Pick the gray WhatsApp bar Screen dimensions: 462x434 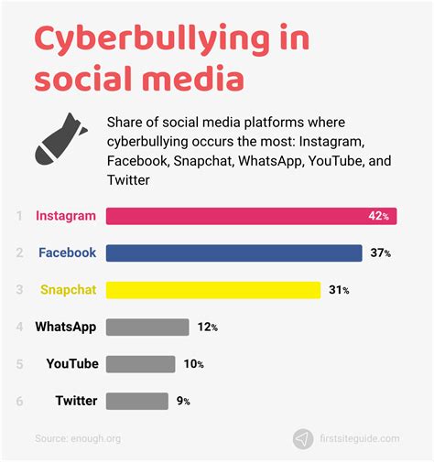[x=147, y=327]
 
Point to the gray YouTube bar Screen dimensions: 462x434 [x=140, y=363]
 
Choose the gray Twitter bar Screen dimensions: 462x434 [x=137, y=401]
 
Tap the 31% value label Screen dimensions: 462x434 [x=340, y=290]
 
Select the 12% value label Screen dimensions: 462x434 [x=208, y=327]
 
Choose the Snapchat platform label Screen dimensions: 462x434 [x=68, y=290]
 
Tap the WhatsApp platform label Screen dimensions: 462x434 [x=66, y=327]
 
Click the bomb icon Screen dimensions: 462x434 [x=60, y=138]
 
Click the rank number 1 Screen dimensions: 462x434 [x=19, y=216]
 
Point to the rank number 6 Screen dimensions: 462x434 [x=19, y=401]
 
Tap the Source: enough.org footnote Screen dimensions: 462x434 [x=79, y=439]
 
